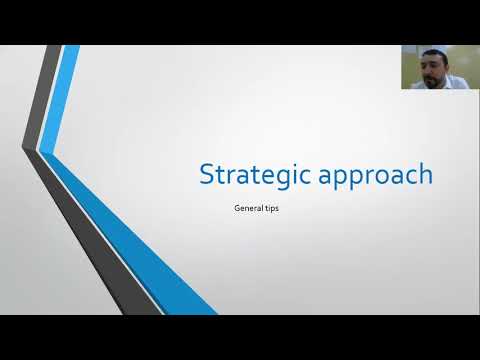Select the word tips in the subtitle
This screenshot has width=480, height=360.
tap(273, 210)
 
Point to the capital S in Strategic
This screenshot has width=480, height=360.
tap(207, 174)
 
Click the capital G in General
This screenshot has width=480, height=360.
tap(234, 210)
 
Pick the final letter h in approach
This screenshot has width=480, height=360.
tap(426, 174)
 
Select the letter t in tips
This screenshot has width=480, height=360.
tap(267, 210)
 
